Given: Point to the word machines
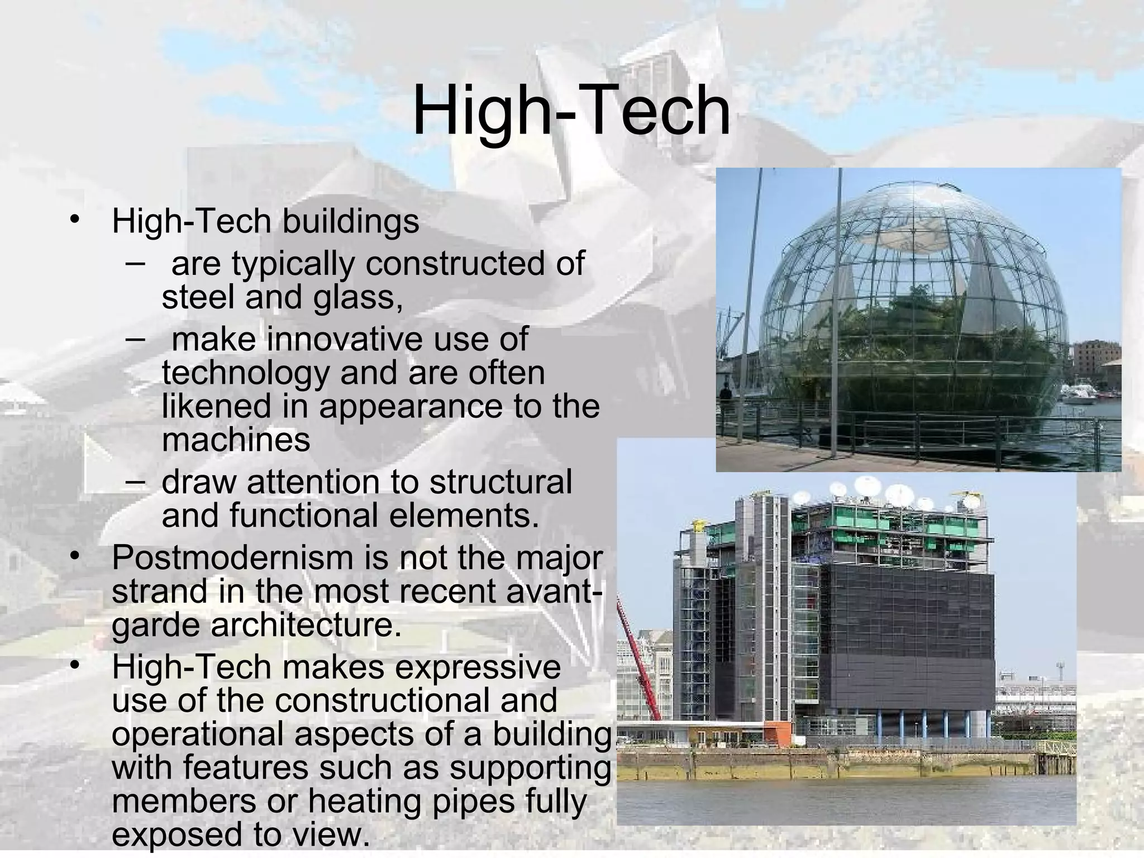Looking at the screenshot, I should (x=235, y=440).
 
